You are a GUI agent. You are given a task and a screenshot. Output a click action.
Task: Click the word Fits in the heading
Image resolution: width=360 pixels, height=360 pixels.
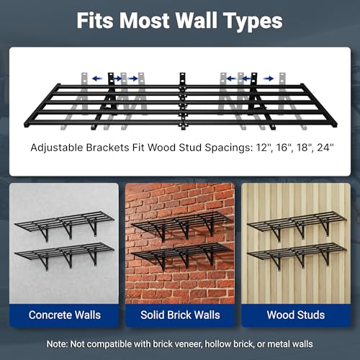pos(95,21)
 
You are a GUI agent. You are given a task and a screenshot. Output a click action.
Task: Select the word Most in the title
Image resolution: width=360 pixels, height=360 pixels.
pos(145,21)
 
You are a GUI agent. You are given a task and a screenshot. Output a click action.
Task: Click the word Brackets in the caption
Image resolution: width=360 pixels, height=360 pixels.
pos(107,148)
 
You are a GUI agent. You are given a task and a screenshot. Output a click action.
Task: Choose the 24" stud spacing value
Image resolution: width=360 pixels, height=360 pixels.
pos(325,148)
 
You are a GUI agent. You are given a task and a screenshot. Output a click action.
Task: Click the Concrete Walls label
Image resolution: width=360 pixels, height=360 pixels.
pos(65,315)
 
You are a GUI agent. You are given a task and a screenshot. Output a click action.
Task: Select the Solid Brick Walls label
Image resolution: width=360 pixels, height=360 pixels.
pos(180,315)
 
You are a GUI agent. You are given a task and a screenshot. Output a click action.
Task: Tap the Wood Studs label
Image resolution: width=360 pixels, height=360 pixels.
pos(296,315)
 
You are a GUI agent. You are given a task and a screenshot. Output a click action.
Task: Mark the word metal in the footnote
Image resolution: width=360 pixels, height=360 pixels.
pos(278,344)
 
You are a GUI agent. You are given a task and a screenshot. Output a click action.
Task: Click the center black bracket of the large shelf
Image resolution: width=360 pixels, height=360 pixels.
pos(183,101)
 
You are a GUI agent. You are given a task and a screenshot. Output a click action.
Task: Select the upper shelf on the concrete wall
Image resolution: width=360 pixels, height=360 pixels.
pos(64,226)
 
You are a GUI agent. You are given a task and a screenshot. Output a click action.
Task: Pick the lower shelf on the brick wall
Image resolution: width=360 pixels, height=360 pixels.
pos(181,256)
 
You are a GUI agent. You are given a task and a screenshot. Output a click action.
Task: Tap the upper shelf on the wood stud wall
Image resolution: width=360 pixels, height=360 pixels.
pos(297,225)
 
